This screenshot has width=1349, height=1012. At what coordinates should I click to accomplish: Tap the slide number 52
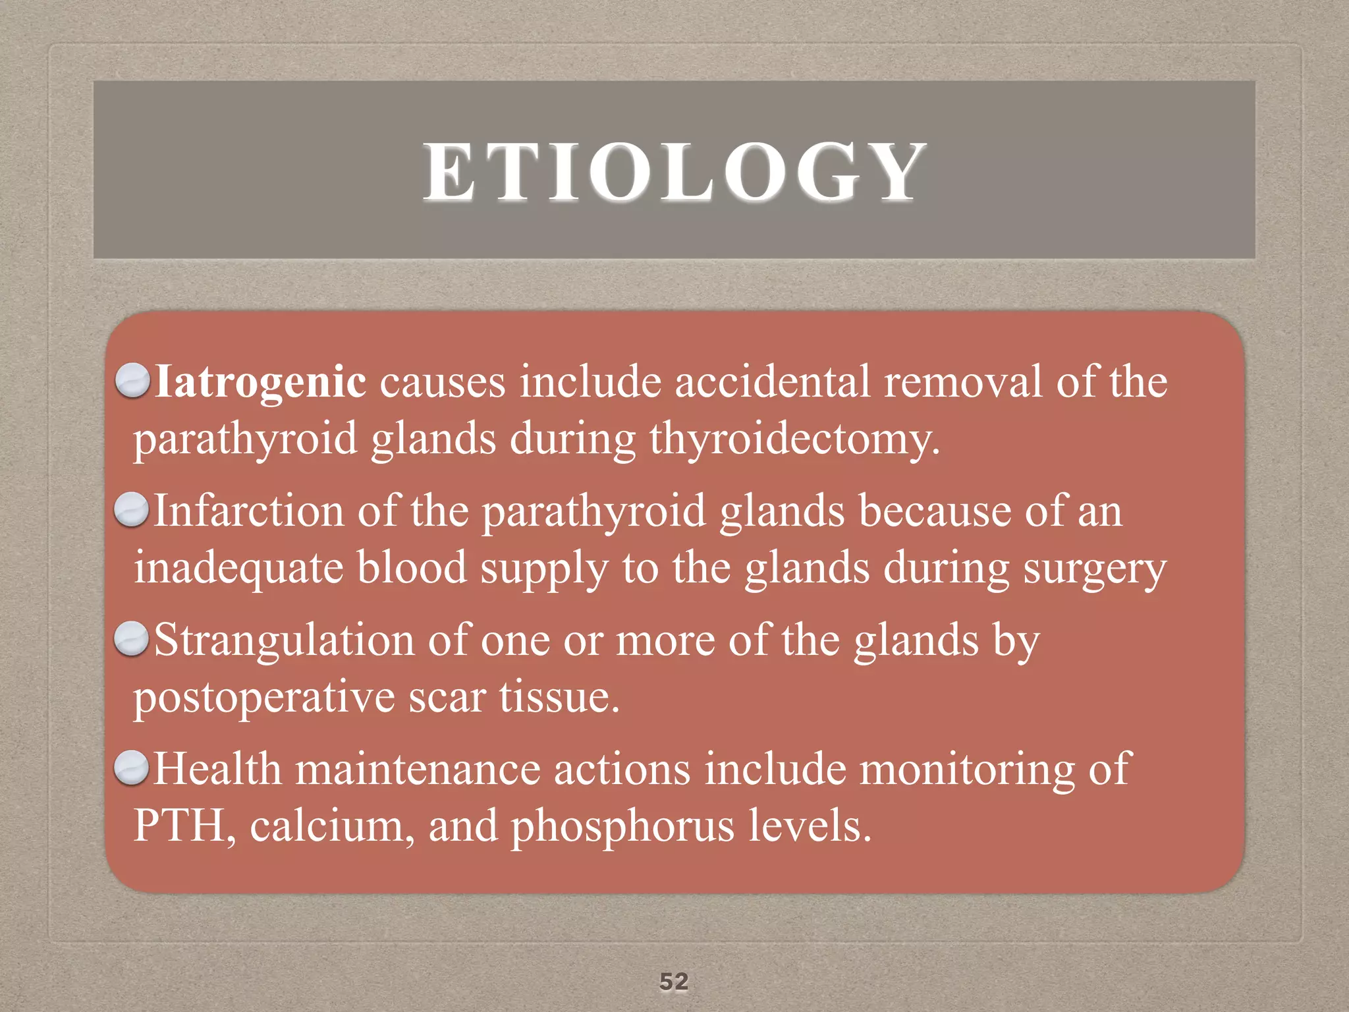point(674,982)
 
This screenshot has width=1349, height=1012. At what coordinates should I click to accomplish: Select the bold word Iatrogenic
point(260,381)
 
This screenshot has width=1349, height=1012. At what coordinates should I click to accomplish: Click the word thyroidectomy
point(794,439)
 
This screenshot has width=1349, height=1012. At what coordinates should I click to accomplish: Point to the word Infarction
point(249,511)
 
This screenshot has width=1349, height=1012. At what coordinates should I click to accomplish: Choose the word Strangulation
point(284,640)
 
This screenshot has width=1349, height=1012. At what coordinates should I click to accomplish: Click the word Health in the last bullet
point(217,769)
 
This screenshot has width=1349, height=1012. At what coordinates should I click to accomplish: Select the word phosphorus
point(622,827)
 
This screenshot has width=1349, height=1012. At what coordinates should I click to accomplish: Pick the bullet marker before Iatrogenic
point(132,381)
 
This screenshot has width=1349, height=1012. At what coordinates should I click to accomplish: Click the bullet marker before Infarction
point(132,510)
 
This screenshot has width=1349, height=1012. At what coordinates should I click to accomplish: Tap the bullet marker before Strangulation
point(132,639)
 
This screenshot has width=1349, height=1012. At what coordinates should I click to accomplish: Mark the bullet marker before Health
point(132,768)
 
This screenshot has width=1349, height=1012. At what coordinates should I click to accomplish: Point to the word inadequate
point(238,569)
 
